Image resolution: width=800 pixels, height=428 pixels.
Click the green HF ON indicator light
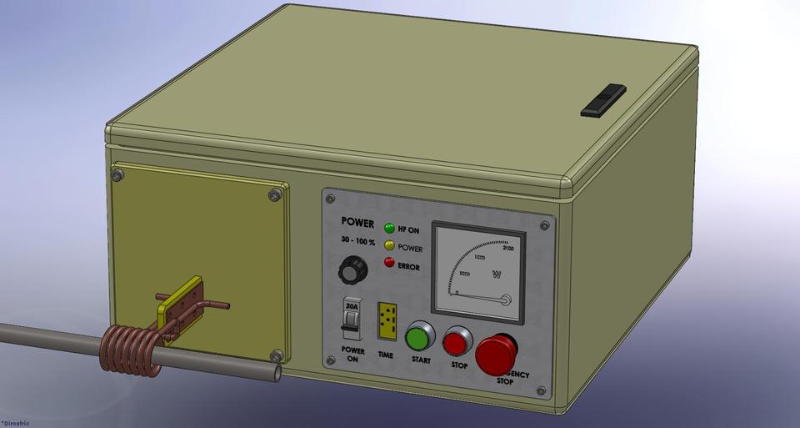389,228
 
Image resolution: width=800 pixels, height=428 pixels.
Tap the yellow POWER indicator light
389,246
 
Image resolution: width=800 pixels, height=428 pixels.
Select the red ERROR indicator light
389,264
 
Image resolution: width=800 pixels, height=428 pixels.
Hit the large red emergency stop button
497,354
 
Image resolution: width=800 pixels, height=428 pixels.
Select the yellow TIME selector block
386,321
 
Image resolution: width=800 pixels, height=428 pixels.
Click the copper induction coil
130,351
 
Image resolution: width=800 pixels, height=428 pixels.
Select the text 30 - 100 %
357,241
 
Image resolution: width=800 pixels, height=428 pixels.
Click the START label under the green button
421,360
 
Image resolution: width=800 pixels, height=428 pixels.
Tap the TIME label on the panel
386,355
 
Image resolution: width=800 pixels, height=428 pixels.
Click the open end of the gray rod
273,373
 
